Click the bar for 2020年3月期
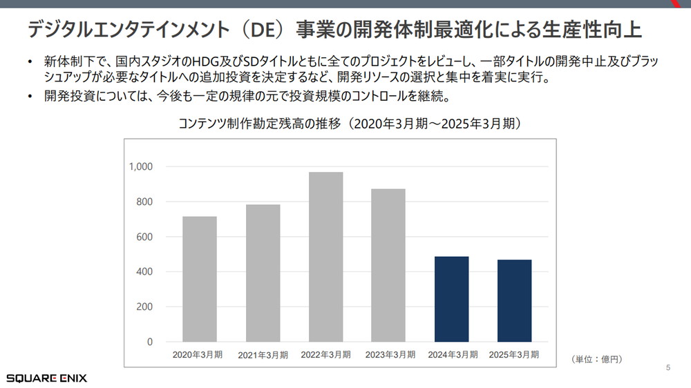click(x=200, y=279)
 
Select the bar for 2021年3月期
click(x=263, y=273)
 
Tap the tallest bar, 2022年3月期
click(x=326, y=257)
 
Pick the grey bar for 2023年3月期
click(x=388, y=265)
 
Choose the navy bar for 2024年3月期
click(x=451, y=299)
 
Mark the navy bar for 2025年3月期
click(x=515, y=300)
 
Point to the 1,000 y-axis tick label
click(x=141, y=166)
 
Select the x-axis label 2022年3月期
click(x=325, y=355)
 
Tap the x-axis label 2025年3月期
click(x=514, y=355)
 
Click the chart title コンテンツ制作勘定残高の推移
click(x=262, y=125)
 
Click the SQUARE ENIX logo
click(x=47, y=378)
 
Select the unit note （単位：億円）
click(x=597, y=359)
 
